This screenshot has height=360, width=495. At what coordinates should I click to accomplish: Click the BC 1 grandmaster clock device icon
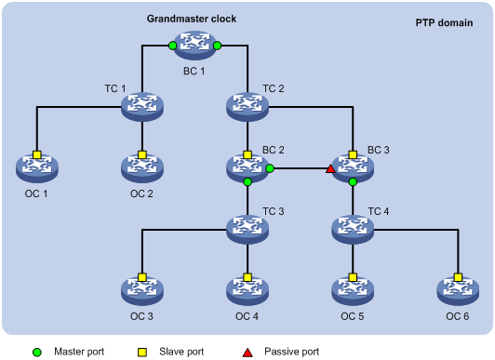[x=194, y=45]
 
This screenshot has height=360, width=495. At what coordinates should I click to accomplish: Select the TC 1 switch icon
[x=142, y=108]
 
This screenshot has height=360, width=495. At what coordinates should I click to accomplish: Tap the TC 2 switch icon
[x=247, y=108]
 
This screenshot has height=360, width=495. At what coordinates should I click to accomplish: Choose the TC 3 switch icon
[x=247, y=227]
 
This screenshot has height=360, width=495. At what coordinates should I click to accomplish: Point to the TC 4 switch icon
[x=353, y=227]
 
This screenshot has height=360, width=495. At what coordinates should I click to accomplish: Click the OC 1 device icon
[x=37, y=168]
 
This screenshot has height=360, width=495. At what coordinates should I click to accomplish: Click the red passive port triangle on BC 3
[x=329, y=169]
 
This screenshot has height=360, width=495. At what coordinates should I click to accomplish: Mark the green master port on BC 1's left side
[x=172, y=45]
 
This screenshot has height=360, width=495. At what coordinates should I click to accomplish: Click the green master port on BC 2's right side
[x=270, y=169]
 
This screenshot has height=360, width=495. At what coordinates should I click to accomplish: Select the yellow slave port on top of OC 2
[x=142, y=154]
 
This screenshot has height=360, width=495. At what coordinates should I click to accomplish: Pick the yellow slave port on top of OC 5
[x=353, y=277]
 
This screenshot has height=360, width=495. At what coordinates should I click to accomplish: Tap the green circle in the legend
[x=36, y=353]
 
